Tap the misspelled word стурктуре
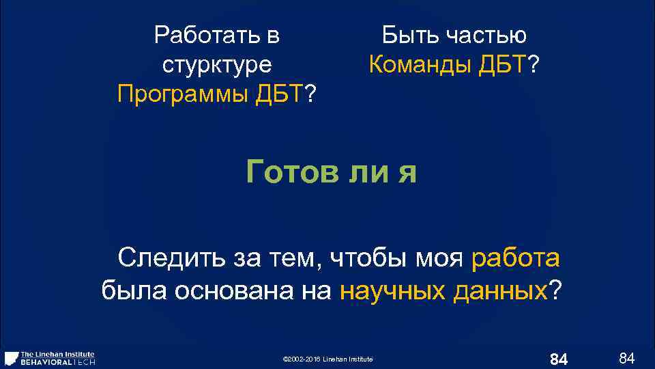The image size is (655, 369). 217,65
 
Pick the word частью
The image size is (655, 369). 486,34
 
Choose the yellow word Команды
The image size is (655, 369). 417,65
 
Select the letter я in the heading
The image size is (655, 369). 408,172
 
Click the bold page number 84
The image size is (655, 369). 559,359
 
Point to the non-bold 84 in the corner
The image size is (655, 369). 626,357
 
